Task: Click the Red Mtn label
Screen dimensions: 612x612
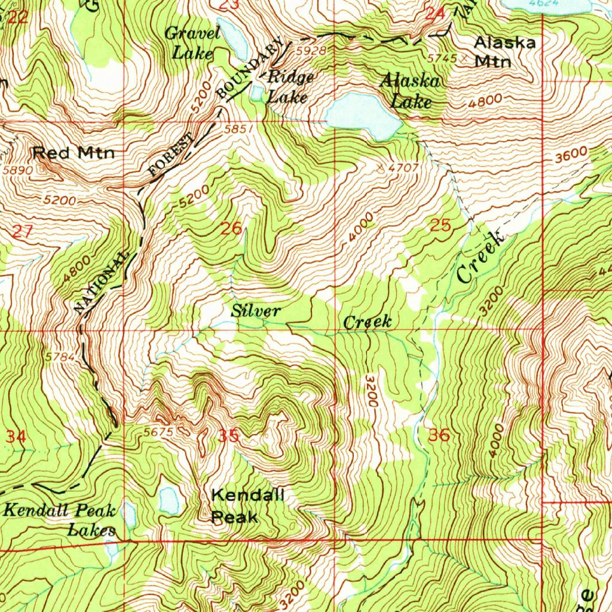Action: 73,153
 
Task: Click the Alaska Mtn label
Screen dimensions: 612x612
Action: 504,51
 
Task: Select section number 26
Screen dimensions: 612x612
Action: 231,228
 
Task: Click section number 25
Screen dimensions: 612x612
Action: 440,225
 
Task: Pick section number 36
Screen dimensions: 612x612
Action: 439,435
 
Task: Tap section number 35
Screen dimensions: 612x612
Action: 228,436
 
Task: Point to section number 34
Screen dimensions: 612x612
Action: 16,436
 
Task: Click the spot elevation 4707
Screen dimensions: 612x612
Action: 401,167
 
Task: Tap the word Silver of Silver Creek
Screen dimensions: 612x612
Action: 255,311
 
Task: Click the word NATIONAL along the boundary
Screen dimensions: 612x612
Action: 102,283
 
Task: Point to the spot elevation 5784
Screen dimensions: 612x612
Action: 60,357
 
